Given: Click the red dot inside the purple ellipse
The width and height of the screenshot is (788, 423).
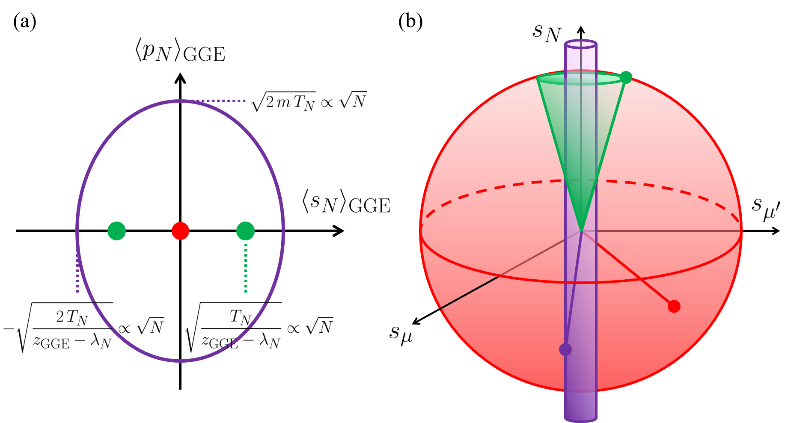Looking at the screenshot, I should pos(180,231).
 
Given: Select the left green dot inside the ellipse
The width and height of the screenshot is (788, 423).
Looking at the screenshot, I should pos(116,231).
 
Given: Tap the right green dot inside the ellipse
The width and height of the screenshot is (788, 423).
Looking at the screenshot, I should pos(245,231).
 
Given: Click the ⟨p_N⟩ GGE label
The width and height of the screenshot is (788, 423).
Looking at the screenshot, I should pos(180,53).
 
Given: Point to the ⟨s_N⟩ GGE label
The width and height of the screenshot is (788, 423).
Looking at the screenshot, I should pos(346,202).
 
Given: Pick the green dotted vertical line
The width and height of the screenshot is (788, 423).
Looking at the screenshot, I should pos(246,267).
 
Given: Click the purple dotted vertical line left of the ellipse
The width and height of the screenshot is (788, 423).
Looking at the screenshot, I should pos(77,274).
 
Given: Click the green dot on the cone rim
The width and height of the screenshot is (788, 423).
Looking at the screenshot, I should pos(626,77).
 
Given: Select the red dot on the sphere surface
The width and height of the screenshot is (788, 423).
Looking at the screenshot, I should pos(674,306).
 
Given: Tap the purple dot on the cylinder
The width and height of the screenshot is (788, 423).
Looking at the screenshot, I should pos(565,349).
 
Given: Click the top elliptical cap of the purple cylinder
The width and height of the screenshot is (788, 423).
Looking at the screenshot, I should pos(580,44).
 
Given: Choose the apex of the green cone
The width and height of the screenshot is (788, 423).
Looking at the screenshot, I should pos(581,231).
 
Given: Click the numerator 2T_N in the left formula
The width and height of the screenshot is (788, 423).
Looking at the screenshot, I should pos(72,317).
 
